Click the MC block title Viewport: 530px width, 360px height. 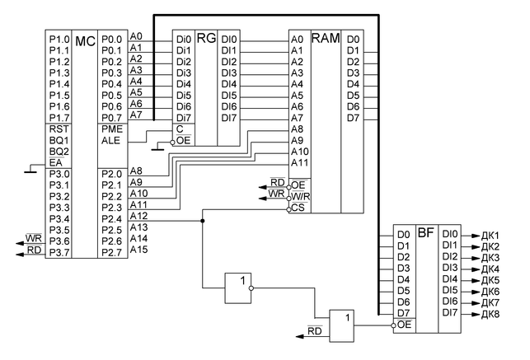(86, 40)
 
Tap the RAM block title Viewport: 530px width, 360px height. (326, 39)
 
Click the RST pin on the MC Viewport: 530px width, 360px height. (59, 129)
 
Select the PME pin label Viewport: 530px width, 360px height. (111, 129)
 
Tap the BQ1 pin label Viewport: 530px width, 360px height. (59, 141)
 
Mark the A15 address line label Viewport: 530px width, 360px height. (138, 250)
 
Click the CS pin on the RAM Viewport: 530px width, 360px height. (298, 208)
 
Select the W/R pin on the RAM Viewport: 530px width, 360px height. (301, 197)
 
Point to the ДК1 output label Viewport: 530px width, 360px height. (490, 236)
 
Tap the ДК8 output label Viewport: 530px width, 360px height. (490, 314)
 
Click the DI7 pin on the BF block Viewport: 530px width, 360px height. (450, 313)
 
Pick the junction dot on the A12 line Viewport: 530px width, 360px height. (203, 221)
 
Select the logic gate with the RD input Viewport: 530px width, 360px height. (344, 324)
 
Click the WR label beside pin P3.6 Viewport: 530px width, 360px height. (34, 238)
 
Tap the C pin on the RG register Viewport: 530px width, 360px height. (179, 129)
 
